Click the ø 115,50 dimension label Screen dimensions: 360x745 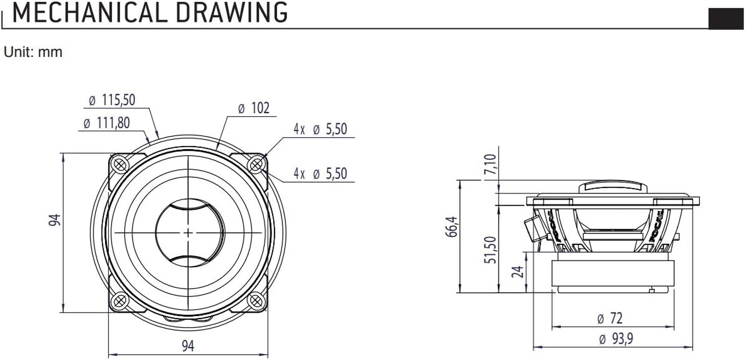click(112, 100)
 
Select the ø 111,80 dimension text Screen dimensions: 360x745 click(107, 123)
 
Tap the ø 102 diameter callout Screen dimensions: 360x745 click(253, 108)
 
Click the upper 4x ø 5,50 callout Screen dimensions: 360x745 click(320, 130)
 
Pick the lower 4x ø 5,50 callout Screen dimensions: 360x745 click(320, 174)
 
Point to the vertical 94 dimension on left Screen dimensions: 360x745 click(55, 220)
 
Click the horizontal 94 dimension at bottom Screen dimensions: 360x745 click(188, 346)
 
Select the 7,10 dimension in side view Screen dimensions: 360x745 click(491, 165)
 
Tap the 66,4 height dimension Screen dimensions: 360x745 click(453, 226)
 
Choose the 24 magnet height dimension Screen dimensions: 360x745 click(518, 271)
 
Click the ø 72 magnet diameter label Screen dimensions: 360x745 click(610, 319)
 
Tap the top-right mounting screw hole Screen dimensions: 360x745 click(256, 164)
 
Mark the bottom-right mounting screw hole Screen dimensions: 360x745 click(256, 301)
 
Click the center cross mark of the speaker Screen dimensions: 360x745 click(188, 232)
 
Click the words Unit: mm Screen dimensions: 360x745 click(33, 52)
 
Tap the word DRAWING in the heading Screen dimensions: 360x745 click(231, 13)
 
